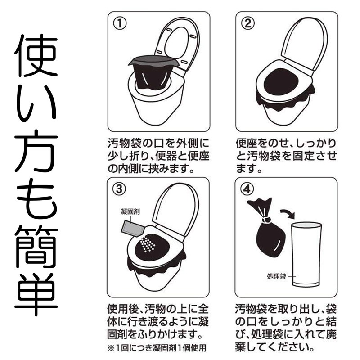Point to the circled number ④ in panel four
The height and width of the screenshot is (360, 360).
(x=247, y=189)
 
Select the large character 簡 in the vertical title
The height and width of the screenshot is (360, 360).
(x=36, y=245)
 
